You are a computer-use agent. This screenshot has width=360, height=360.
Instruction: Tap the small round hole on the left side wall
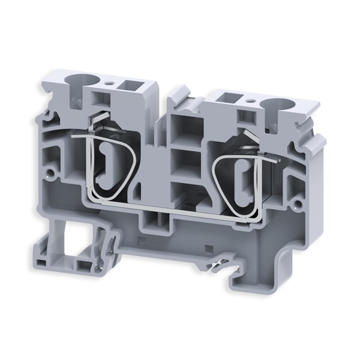click(x=52, y=177)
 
